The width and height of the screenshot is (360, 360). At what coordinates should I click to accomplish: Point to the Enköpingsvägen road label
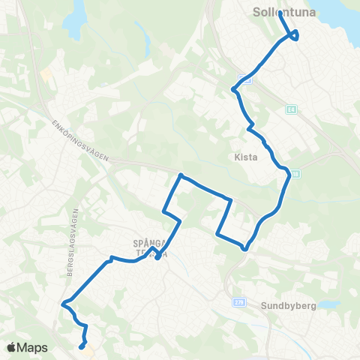click(82, 139)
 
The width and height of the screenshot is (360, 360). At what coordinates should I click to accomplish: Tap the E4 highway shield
click(289, 109)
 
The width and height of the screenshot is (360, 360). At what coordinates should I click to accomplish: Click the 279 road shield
click(238, 301)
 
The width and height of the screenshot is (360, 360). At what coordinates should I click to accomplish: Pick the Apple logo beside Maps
click(12, 347)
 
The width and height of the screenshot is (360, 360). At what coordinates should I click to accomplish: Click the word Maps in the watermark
click(33, 347)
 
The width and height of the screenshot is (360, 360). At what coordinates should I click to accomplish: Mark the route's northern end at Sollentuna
click(280, 13)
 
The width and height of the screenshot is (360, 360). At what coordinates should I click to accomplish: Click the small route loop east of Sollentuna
click(295, 34)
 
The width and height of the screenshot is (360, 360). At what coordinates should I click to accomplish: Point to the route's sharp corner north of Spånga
click(180, 175)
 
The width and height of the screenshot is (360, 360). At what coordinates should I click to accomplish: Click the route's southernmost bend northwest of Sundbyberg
click(244, 249)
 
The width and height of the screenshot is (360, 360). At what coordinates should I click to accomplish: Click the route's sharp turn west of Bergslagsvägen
click(64, 304)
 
